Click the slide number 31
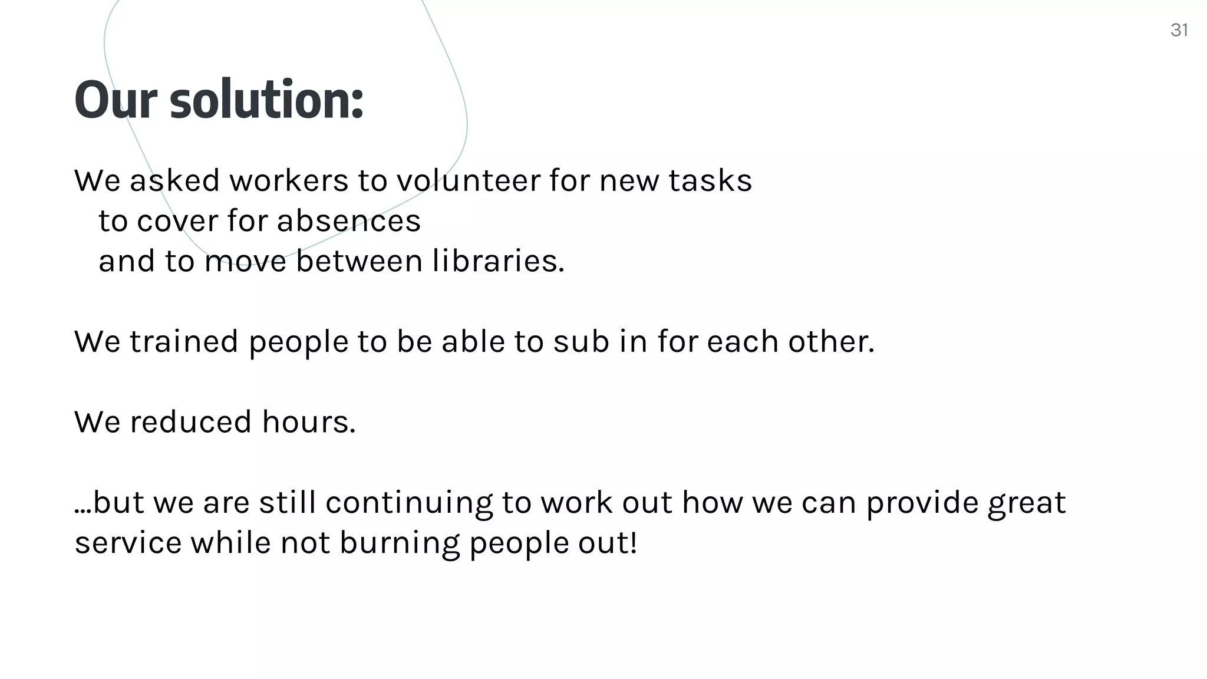pyautogui.click(x=1179, y=30)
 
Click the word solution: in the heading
pyautogui.click(x=266, y=100)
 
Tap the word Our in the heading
pyautogui.click(x=116, y=100)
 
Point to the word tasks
pyautogui.click(x=710, y=180)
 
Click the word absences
pyautogui.click(x=348, y=221)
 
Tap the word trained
pyautogui.click(x=184, y=342)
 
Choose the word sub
pyautogui.click(x=581, y=342)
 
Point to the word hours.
pyautogui.click(x=309, y=422)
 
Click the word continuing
pyautogui.click(x=409, y=503)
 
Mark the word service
pyautogui.click(x=128, y=543)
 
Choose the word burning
pyautogui.click(x=399, y=543)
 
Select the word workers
pyautogui.click(x=289, y=180)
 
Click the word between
pyautogui.click(x=359, y=261)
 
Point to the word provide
pyautogui.click(x=922, y=503)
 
